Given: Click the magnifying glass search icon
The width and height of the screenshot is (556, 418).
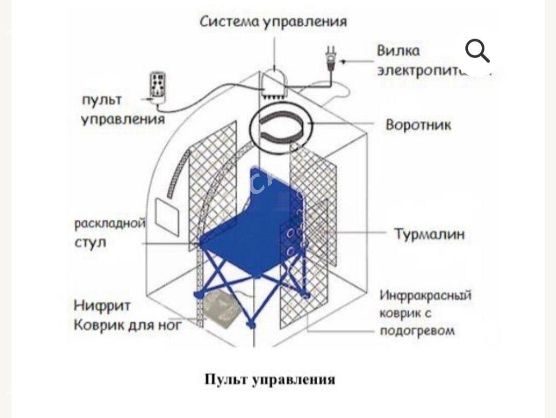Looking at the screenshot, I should [477, 50].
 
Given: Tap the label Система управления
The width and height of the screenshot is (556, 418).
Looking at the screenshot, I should [273, 22].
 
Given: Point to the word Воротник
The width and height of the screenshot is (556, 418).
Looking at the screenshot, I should [418, 125].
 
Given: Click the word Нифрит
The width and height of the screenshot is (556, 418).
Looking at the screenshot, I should [102, 306].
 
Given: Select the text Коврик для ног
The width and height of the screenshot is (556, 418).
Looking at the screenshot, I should [128, 325].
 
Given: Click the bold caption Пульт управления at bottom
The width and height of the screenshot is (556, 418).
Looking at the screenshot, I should [270, 380].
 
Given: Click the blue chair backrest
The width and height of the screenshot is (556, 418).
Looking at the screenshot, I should [273, 190].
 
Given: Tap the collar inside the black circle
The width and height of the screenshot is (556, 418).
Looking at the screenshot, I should [281, 126].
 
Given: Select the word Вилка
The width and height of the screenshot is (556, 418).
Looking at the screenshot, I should [398, 50].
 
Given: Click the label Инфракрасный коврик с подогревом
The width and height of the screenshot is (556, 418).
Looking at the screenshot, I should [425, 312].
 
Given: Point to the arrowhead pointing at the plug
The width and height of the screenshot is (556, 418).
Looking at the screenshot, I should [344, 62].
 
